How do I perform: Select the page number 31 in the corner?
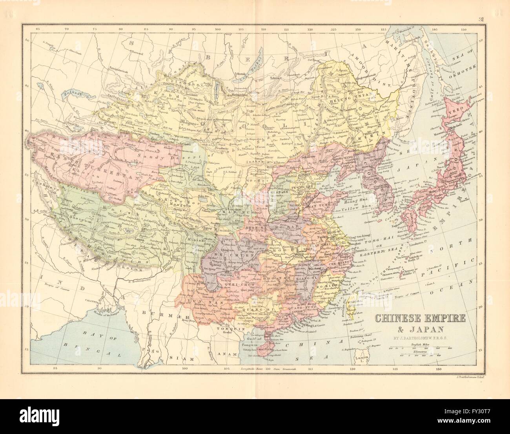click(481, 20)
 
